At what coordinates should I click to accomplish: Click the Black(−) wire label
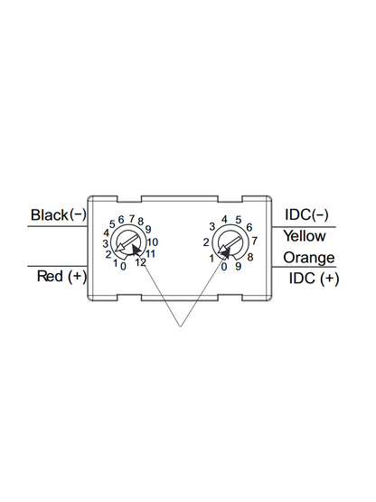pyautogui.click(x=59, y=214)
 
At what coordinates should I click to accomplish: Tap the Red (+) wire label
pyautogui.click(x=61, y=276)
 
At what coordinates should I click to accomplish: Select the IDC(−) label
pyautogui.click(x=306, y=214)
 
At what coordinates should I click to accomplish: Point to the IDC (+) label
pyautogui.click(x=314, y=278)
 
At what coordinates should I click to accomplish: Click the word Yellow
pyautogui.click(x=305, y=236)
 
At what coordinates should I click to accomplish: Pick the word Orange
pyautogui.click(x=309, y=258)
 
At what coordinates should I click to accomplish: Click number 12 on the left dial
pyautogui.click(x=140, y=262)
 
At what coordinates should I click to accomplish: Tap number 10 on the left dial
pyautogui.click(x=153, y=242)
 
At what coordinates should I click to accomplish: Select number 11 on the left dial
pyautogui.click(x=150, y=254)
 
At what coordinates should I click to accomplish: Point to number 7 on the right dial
pyautogui.click(x=254, y=241)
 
